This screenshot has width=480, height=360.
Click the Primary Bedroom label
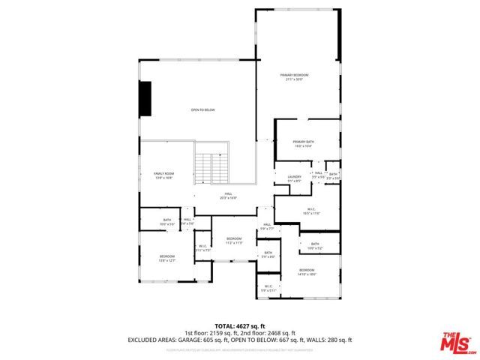[295, 76]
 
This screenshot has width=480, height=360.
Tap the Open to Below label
[202, 110]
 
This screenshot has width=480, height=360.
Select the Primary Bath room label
[303, 143]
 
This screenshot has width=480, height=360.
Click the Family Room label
[163, 175]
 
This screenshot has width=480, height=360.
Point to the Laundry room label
[294, 178]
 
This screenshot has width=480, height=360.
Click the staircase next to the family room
[211, 166]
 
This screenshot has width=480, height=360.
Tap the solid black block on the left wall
[145, 98]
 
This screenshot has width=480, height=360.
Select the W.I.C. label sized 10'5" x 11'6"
[311, 211]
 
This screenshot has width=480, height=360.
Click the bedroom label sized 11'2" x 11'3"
[234, 240]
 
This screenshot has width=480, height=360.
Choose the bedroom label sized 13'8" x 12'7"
[166, 258]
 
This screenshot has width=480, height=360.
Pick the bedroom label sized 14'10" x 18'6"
[307, 271]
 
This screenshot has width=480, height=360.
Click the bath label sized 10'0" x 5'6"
[166, 222]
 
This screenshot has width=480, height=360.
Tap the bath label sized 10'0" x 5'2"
[315, 245]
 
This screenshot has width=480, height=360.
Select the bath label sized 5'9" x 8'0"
[268, 254]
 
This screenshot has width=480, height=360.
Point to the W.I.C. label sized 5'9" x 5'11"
[268, 287]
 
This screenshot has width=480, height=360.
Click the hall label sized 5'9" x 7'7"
[266, 226]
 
